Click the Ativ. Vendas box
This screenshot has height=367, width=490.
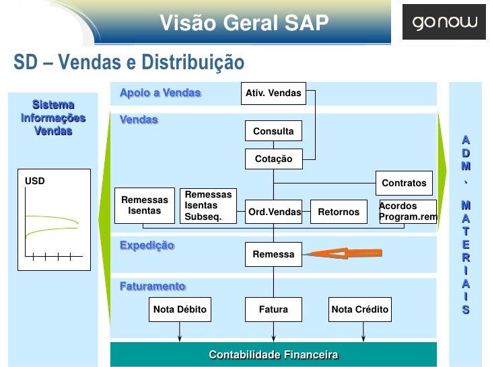(x=273, y=93)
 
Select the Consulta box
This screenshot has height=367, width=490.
(x=273, y=131)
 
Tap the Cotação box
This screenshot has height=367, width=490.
(x=273, y=159)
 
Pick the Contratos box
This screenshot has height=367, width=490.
(x=404, y=183)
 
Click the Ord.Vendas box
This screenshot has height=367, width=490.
(x=274, y=212)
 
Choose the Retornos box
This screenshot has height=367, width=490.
(x=339, y=212)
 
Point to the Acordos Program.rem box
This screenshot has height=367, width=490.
(x=407, y=212)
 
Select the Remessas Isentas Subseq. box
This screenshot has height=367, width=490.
(x=208, y=206)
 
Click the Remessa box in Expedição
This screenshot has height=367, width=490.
(x=273, y=255)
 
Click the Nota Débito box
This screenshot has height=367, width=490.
(x=180, y=310)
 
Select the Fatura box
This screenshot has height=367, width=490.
(x=273, y=310)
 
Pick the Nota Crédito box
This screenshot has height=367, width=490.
(x=360, y=310)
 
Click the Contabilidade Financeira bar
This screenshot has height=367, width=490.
(x=273, y=354)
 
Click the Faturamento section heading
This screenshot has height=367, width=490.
(x=152, y=287)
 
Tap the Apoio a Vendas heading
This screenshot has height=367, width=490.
(x=160, y=93)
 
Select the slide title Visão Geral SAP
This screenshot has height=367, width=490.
(x=244, y=24)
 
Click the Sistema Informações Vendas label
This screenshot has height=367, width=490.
(x=54, y=118)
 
